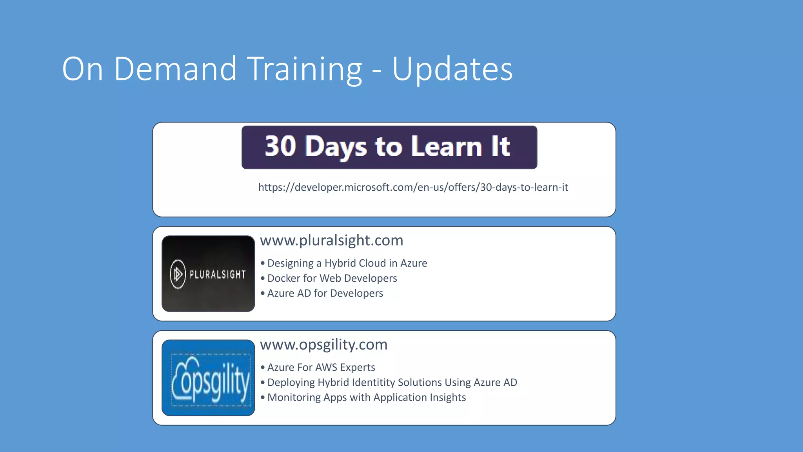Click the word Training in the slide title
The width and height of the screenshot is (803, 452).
coord(305,69)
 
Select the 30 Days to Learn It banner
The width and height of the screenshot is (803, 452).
coord(389,147)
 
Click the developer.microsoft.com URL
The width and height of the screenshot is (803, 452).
coord(413,187)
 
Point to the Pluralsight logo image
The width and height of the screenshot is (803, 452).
coord(208,273)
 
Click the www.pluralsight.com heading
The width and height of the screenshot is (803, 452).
coord(331,240)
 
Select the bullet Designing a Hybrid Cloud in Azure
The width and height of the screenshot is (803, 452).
coord(347,263)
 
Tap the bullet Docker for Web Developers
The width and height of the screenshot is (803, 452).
coord(332,278)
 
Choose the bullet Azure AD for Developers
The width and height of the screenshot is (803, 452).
coord(325,293)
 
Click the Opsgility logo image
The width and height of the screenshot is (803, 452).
coord(208,377)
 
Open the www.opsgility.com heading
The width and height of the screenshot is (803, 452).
coord(323,344)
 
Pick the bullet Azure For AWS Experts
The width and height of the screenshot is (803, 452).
coord(321,367)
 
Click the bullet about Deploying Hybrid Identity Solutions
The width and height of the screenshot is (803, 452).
coord(392,382)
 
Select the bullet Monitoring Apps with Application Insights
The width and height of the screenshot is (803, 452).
coord(367,397)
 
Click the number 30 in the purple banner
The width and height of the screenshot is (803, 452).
coord(280,146)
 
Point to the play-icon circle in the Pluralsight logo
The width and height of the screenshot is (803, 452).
coord(178,274)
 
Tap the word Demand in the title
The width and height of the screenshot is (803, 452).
coord(175,69)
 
